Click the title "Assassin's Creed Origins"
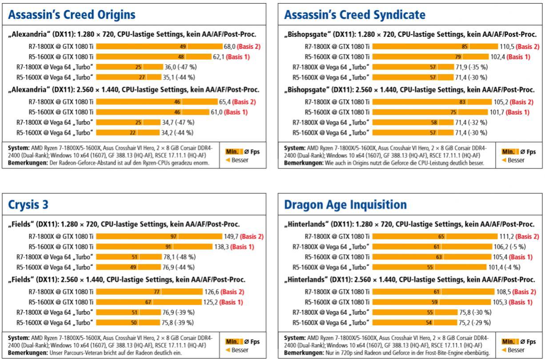pyautogui.click(x=72, y=15)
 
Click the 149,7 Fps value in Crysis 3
pyautogui.click(x=231, y=236)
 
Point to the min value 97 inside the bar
pyautogui.click(x=173, y=236)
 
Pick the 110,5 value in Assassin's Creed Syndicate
pyautogui.click(x=507, y=46)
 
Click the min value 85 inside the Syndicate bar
pyautogui.click(x=465, y=46)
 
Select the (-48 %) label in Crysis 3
pyautogui.click(x=186, y=257)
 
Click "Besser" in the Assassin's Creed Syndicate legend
pyautogui.click(x=516, y=160)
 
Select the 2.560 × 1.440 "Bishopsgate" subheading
pyautogui.click(x=409, y=90)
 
